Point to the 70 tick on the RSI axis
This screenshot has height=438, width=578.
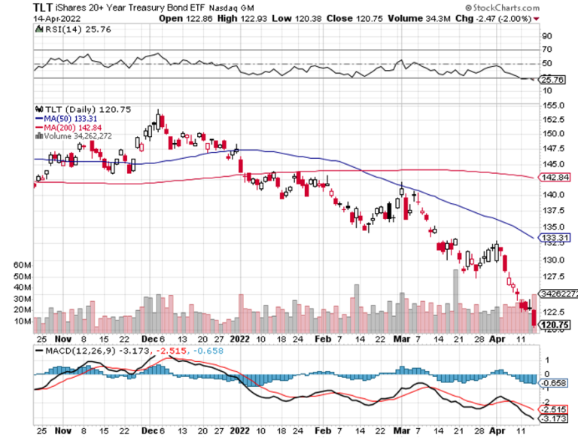[x=546, y=50]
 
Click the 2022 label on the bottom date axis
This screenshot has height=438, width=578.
[x=241, y=431]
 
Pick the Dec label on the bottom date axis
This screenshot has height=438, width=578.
[x=148, y=431]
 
